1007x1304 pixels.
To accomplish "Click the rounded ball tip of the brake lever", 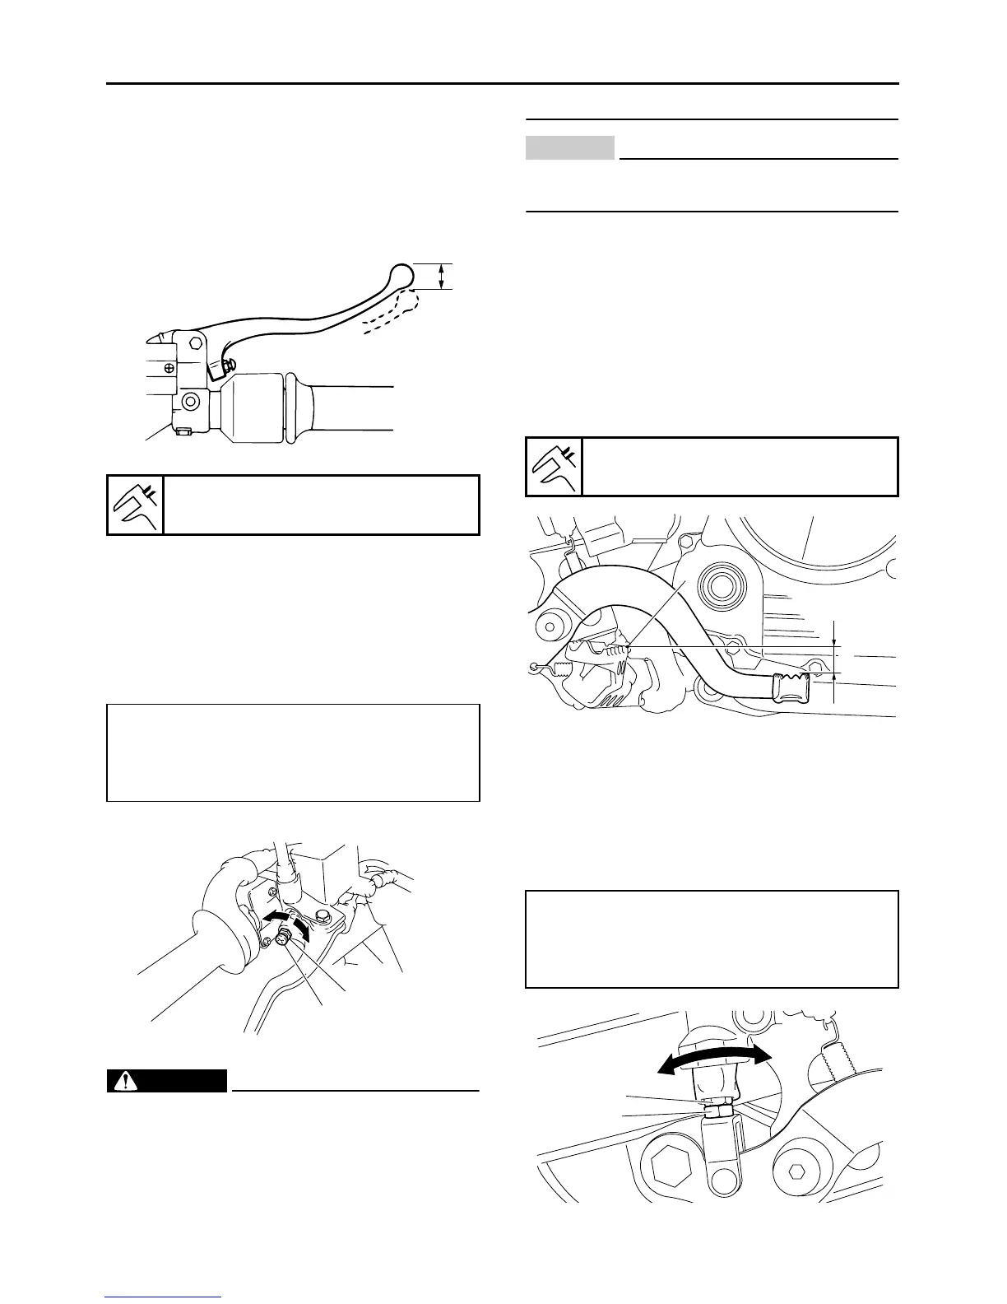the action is coord(400,273).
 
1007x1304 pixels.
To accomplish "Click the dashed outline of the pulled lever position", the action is coord(387,317).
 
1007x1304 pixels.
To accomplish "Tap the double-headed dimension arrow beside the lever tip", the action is coord(443,276).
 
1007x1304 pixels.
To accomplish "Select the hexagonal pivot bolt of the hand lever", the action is coord(197,342).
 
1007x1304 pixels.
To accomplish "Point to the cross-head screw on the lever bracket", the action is coord(169,367).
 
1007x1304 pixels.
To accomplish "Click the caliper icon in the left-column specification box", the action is coord(136,505).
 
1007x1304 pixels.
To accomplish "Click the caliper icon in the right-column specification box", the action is coord(554,467).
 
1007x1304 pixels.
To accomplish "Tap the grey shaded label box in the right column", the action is coord(570,147).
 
